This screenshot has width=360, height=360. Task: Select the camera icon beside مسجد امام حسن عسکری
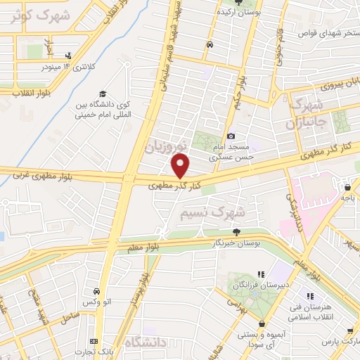click(x=231, y=136)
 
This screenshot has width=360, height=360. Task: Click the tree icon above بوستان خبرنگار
click(x=236, y=231)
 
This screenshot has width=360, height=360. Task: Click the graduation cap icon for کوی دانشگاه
click(x=103, y=94)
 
